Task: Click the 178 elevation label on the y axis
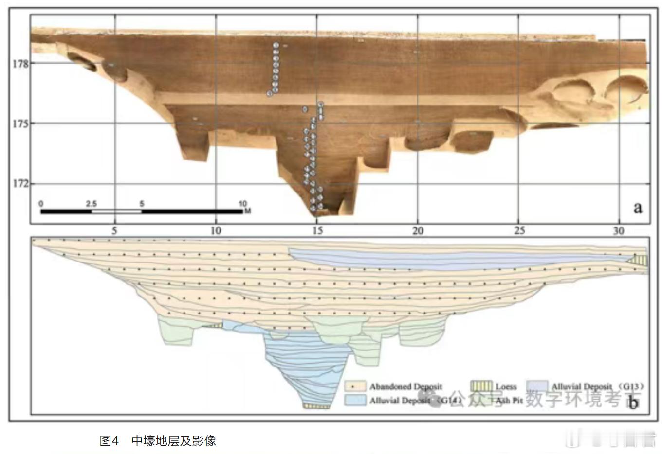(20, 64)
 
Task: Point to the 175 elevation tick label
(20, 123)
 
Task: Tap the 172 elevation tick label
(20, 184)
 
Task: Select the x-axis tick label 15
(317, 231)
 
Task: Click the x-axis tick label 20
(418, 231)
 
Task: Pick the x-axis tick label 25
(519, 231)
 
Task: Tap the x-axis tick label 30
(619, 231)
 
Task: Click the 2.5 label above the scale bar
(91, 204)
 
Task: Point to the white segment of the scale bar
(116, 211)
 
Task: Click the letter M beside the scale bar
(248, 211)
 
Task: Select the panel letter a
(638, 208)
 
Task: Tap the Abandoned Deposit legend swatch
(355, 386)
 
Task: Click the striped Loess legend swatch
(481, 386)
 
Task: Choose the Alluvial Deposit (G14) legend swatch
(355, 400)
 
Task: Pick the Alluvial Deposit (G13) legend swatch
(537, 386)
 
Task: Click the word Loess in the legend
(506, 387)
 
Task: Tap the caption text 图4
(109, 441)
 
